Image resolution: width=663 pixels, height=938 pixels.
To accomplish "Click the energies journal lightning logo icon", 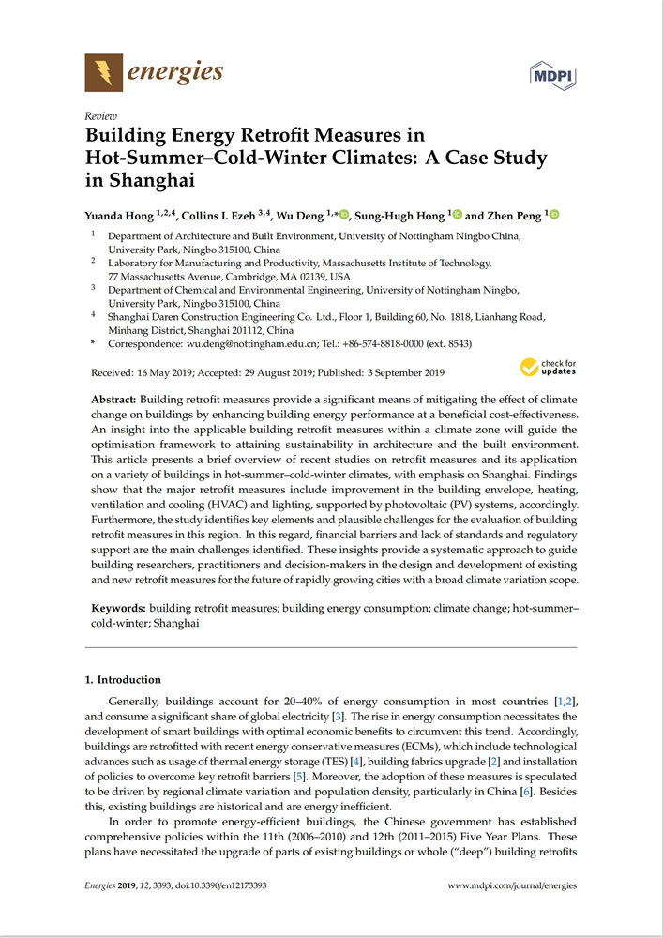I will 103,72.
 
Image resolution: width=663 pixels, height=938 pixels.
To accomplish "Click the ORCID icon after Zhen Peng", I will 553,216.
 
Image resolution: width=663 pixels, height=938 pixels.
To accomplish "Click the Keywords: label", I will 117,608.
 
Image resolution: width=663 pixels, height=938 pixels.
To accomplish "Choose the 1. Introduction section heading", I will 122,679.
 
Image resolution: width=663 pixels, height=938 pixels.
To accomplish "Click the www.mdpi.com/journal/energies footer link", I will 512,885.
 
